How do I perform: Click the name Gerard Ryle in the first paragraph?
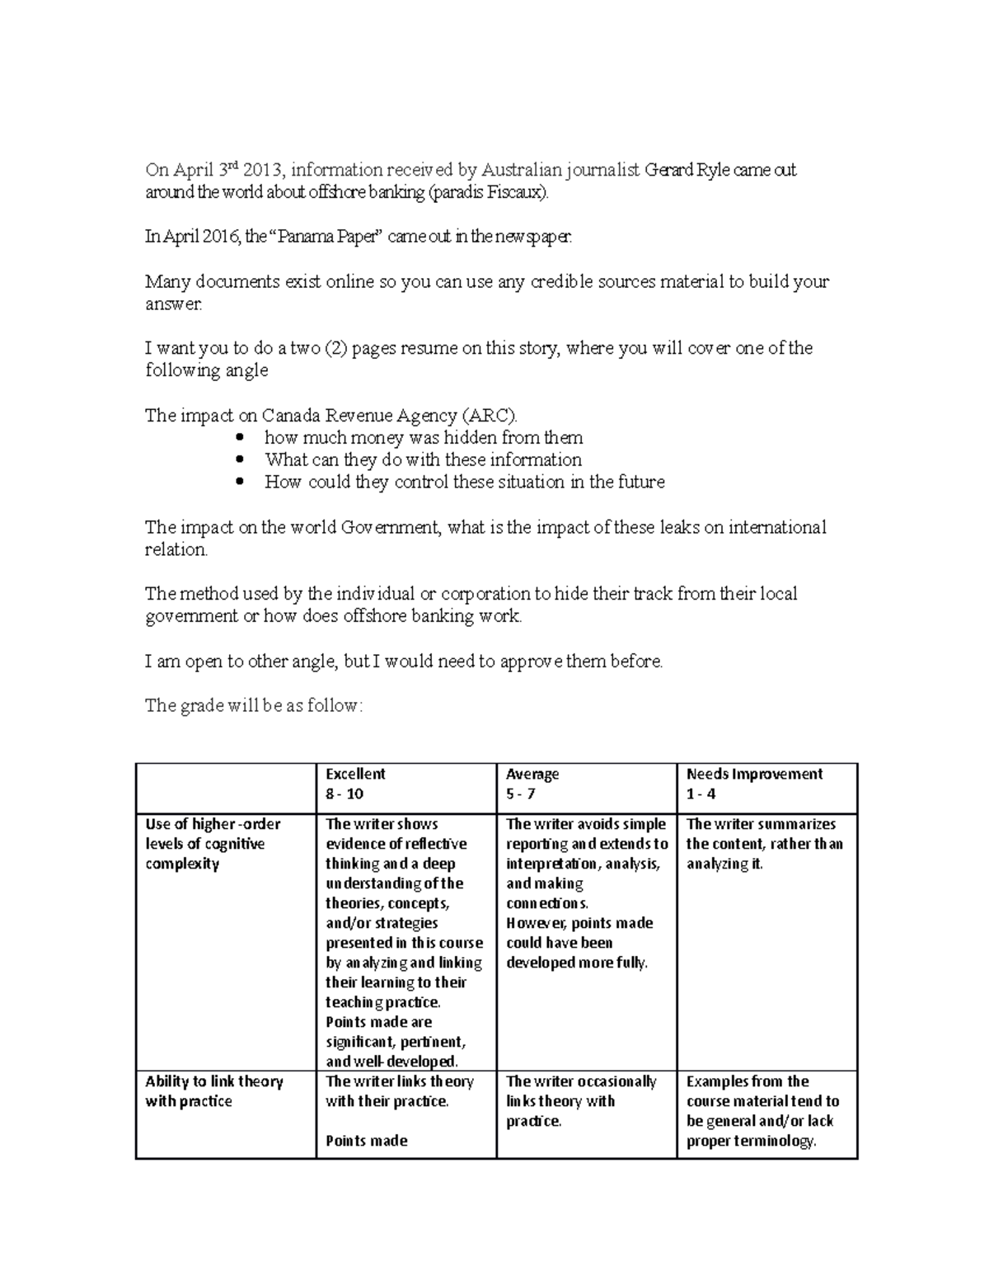[685, 171]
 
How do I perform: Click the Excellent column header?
[355, 774]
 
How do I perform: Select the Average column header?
[532, 774]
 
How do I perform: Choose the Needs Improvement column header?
[754, 774]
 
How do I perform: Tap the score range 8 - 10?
[345, 794]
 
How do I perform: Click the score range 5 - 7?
[521, 794]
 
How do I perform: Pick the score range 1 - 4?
[701, 794]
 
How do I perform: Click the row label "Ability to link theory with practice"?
[213, 1091]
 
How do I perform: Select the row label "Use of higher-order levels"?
[213, 844]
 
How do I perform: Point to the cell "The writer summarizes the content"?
[764, 844]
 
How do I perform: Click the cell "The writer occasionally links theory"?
[581, 1101]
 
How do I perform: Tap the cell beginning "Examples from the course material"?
[762, 1111]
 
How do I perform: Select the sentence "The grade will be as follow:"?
[253, 706]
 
